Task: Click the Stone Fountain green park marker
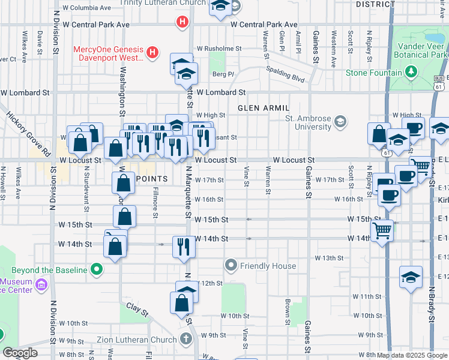point(411,73)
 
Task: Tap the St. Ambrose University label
point(309,122)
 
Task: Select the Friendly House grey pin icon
point(231,265)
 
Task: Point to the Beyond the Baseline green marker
point(95,270)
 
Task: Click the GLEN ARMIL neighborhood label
point(263,108)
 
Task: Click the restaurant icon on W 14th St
point(182,246)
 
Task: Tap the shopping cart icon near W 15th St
point(382,230)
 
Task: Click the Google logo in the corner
point(19,353)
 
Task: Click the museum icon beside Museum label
point(41,283)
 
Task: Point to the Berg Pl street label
point(223,74)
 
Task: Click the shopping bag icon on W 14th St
point(115,246)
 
